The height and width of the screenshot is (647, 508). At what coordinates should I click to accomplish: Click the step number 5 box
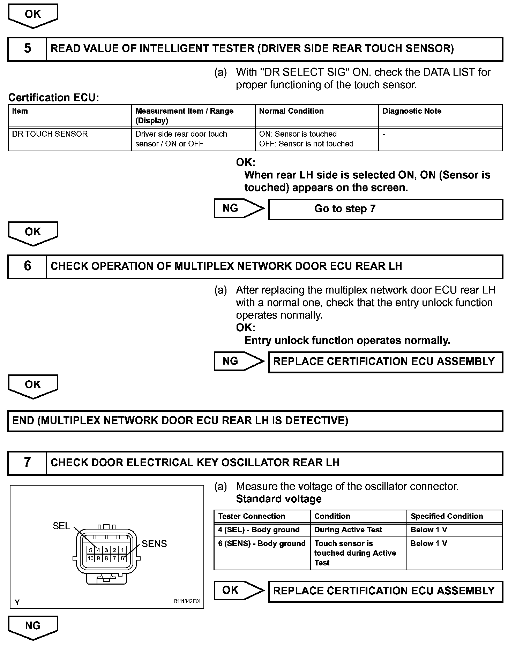coord(27,49)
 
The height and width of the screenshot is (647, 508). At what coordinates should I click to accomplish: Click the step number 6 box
coord(27,267)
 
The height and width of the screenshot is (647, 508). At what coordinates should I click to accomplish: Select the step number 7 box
coord(27,463)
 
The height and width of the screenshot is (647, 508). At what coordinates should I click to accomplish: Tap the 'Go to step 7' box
coord(385,209)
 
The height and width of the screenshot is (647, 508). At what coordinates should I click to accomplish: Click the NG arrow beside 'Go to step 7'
coord(239,208)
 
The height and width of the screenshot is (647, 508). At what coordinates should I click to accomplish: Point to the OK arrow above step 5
coord(33,16)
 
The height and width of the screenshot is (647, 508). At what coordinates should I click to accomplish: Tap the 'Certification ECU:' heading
coord(54,98)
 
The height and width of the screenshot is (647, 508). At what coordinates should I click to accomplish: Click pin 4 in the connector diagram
coord(98,550)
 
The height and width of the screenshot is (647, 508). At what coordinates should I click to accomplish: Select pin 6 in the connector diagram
coord(122,558)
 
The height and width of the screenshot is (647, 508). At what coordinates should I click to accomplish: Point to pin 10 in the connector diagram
coord(90,558)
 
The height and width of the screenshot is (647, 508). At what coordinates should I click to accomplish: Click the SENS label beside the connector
coord(154,544)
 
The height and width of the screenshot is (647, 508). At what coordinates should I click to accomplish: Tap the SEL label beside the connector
coord(61,526)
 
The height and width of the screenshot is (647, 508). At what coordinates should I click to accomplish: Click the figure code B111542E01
coord(187,601)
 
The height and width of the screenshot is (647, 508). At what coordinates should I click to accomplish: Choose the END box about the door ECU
coord(255,421)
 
